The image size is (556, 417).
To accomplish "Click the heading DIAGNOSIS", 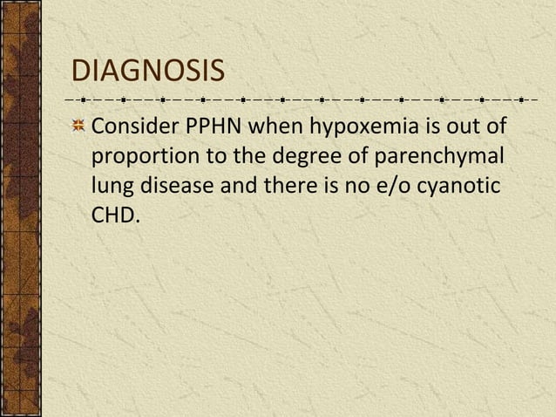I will point(146,71).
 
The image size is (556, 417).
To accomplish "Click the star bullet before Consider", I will point(78,127).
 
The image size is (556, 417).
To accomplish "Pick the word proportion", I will point(140,157).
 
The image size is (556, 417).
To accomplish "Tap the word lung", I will point(111,186).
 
